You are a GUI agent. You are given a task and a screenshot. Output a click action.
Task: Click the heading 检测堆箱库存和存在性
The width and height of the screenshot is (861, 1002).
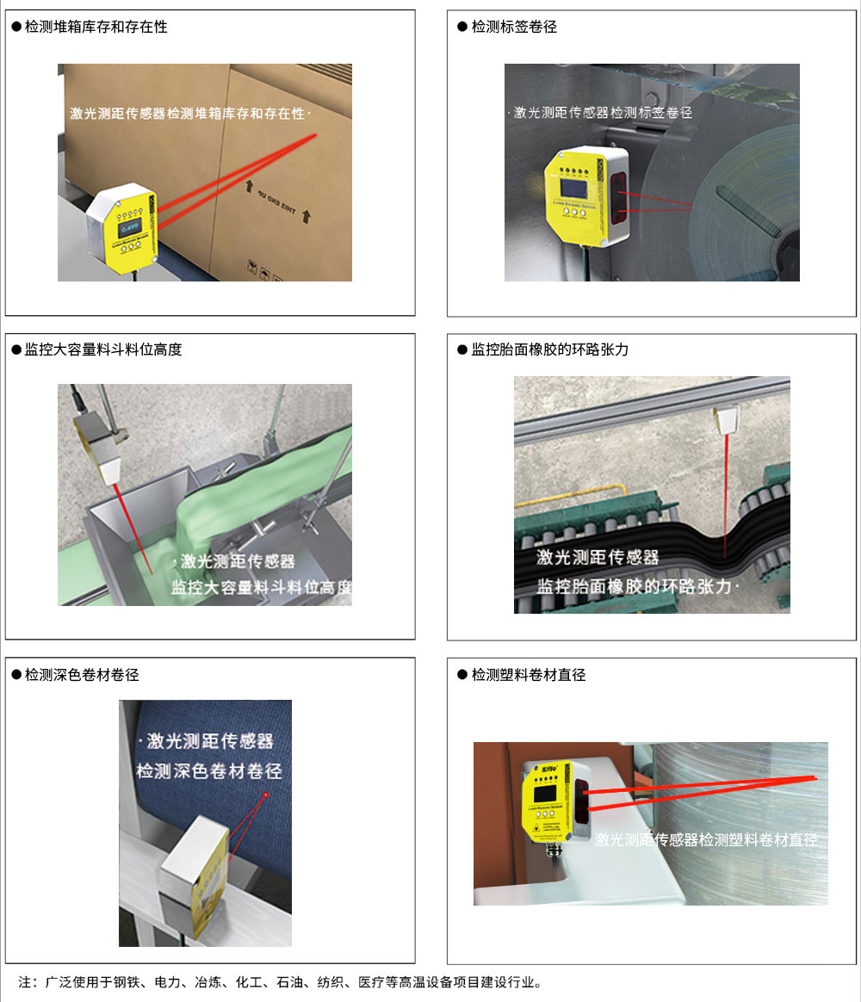click(96, 27)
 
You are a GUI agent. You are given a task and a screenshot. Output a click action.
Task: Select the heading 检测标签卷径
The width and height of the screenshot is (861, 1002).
click(514, 27)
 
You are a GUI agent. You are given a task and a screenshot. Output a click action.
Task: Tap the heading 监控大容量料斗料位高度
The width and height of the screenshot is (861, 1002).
click(103, 349)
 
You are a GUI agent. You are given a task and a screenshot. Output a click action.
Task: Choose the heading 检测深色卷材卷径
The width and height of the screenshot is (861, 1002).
click(82, 675)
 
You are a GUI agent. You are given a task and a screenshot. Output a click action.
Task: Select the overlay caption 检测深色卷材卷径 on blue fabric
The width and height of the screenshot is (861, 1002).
click(208, 770)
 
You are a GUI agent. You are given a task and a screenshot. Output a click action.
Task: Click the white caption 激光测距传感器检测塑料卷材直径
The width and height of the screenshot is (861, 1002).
click(706, 839)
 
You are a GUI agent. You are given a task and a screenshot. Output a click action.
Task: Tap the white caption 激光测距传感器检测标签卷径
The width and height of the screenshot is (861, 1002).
click(602, 113)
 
